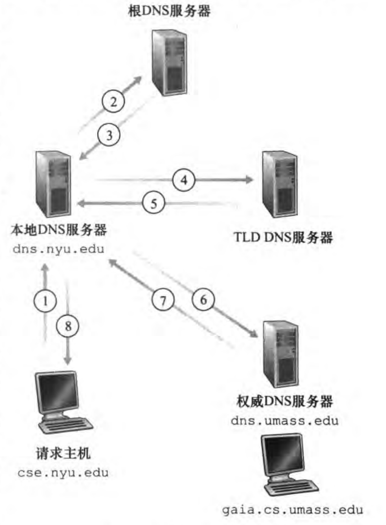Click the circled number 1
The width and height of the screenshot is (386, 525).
click(x=46, y=301)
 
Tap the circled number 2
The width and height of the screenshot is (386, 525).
click(x=113, y=102)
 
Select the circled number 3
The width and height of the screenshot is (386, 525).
click(x=109, y=135)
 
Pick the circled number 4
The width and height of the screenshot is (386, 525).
click(x=183, y=180)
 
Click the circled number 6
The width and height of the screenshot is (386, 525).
click(x=204, y=300)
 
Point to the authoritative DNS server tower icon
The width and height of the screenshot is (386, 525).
click(x=279, y=355)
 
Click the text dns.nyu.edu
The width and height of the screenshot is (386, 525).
click(x=59, y=248)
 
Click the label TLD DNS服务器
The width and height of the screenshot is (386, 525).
click(x=283, y=238)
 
